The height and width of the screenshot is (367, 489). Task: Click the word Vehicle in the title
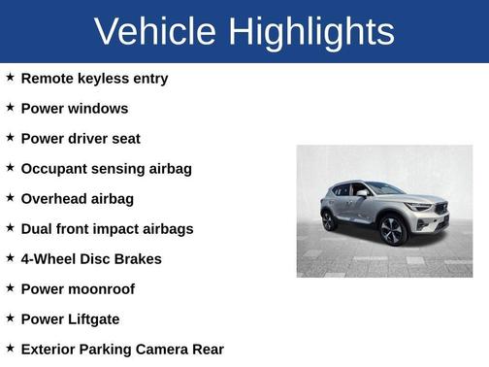(x=155, y=32)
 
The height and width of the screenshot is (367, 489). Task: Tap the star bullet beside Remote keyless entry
(x=10, y=77)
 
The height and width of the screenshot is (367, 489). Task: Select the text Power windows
(x=74, y=108)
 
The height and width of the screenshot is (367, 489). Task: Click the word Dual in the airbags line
(x=38, y=228)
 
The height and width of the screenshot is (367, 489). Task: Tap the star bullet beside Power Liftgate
(x=10, y=317)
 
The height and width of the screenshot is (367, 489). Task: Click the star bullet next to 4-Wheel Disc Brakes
(x=10, y=257)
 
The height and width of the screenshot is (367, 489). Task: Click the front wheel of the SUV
(x=392, y=231)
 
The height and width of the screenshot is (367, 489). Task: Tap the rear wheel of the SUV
(x=330, y=219)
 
